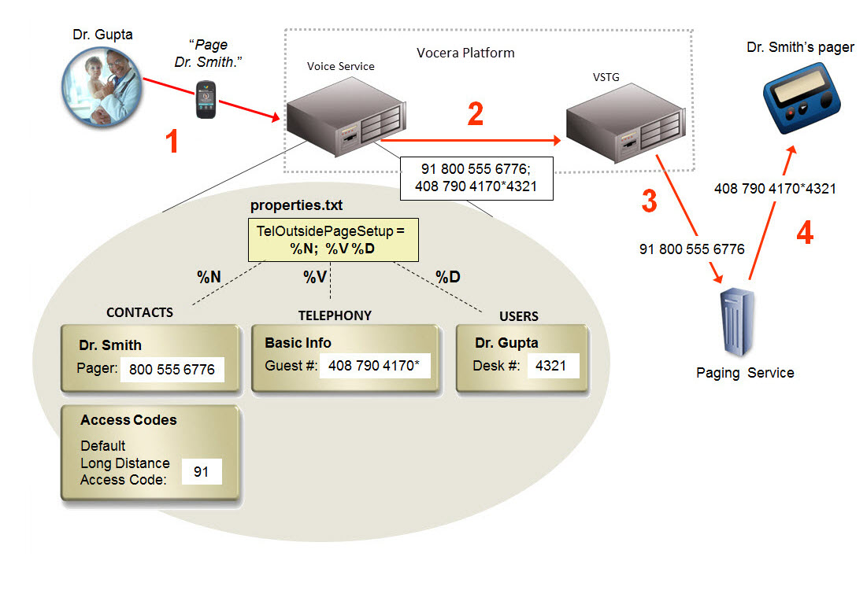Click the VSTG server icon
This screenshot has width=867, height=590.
(622, 124)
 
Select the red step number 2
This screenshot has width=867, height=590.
(475, 115)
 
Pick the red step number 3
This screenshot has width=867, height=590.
(648, 201)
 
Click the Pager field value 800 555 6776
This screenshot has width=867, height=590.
(172, 368)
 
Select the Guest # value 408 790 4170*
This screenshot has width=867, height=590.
(375, 366)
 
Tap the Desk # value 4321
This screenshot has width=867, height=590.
(553, 366)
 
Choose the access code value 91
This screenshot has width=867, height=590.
(201, 472)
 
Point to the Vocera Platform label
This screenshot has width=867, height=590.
(465, 53)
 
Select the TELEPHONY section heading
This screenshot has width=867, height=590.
(335, 315)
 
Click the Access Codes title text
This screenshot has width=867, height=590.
(128, 420)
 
